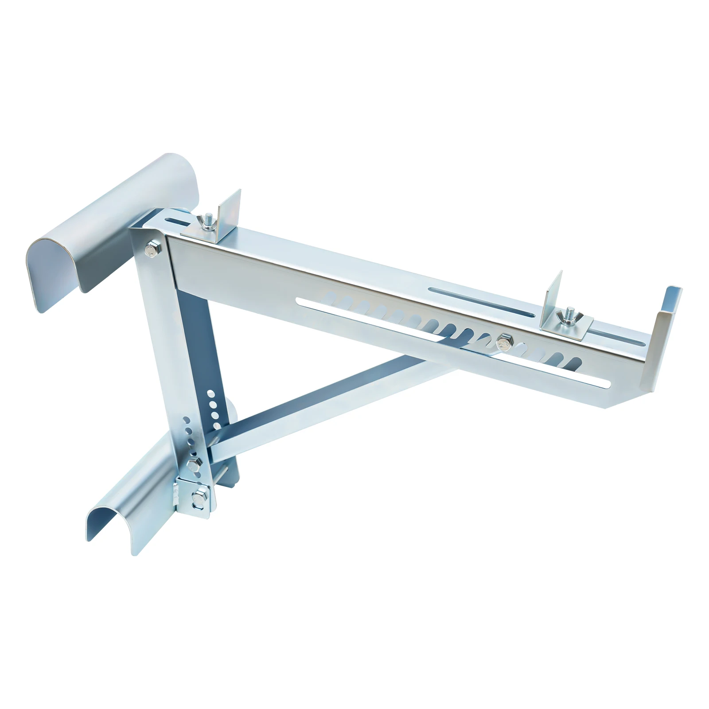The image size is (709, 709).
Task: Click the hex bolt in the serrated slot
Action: (503, 341)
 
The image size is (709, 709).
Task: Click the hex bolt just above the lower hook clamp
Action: (193, 464)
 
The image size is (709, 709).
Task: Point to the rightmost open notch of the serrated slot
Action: (576, 361)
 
